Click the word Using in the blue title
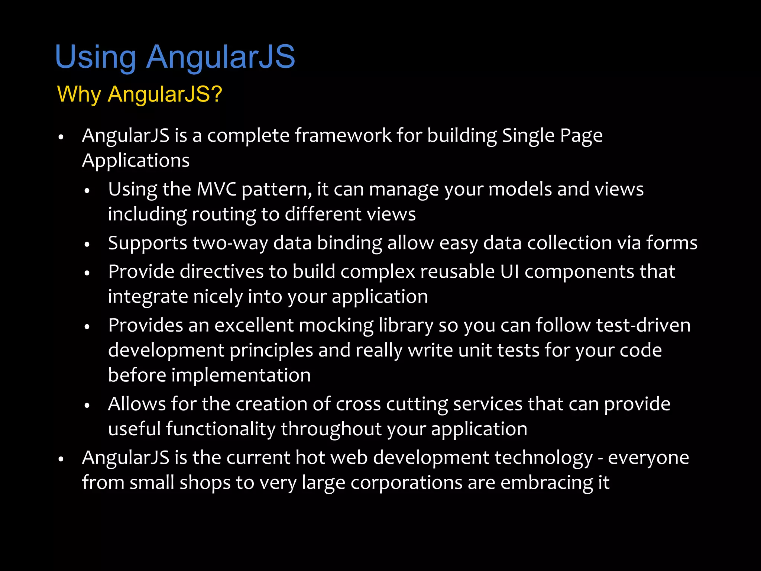(95, 57)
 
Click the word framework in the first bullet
(343, 135)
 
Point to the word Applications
(136, 161)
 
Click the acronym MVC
(216, 189)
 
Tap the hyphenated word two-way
(230, 243)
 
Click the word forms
(672, 243)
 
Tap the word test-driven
(643, 325)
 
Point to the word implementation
(241, 375)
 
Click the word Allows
(137, 404)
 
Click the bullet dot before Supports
(87, 245)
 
